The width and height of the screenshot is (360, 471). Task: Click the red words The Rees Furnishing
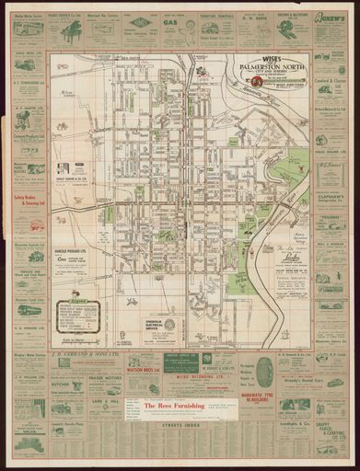point(170,404)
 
